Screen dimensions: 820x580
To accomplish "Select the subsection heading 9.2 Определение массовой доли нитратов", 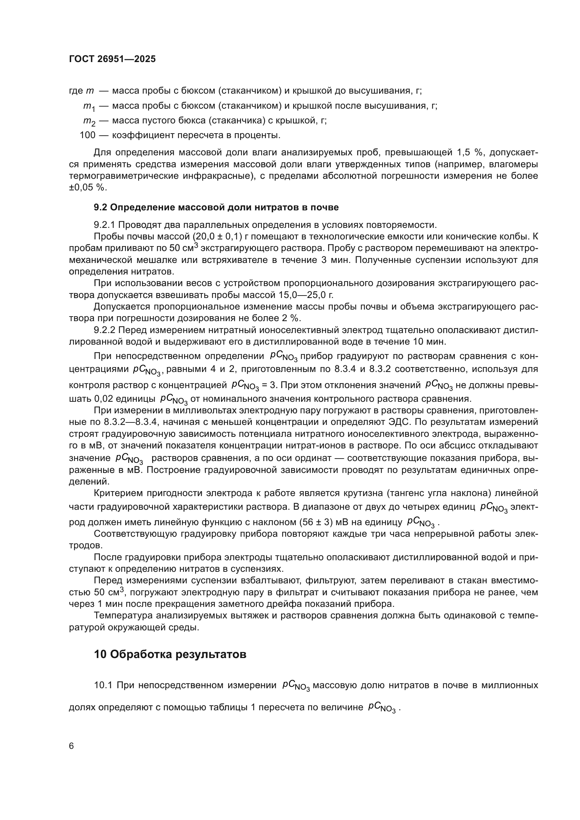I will [x=216, y=208].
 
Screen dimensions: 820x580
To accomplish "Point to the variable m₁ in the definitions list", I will [x=88, y=107].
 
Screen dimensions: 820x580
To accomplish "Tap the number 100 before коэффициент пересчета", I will [x=88, y=135].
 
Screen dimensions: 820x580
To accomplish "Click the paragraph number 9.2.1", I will [x=104, y=225].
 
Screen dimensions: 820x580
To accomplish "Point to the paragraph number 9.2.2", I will [x=104, y=330].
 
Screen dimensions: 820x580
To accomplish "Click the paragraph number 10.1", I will [x=103, y=685].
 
